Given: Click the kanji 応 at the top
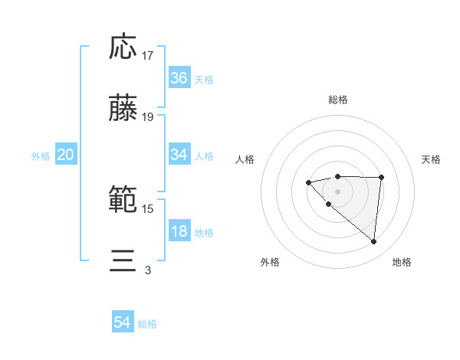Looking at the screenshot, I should (123, 47).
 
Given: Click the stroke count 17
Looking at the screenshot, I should (148, 56).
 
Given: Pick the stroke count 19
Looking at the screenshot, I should (148, 117).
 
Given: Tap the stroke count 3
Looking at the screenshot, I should (148, 270).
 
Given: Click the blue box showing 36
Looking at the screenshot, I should (179, 78).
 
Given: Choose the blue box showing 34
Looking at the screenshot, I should (179, 155).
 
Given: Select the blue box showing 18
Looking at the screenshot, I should (179, 231).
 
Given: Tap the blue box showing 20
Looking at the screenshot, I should (65, 155).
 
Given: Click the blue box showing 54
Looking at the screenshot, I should (122, 323).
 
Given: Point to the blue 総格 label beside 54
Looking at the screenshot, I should (147, 324).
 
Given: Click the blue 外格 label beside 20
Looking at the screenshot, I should (41, 155).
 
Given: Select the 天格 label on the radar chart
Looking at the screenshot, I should (431, 159).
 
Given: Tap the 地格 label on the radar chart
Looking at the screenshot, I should (402, 262).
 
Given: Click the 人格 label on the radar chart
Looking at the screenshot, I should (245, 159).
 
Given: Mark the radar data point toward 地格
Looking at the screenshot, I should (373, 242).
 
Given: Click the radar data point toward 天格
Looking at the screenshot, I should (382, 178).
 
